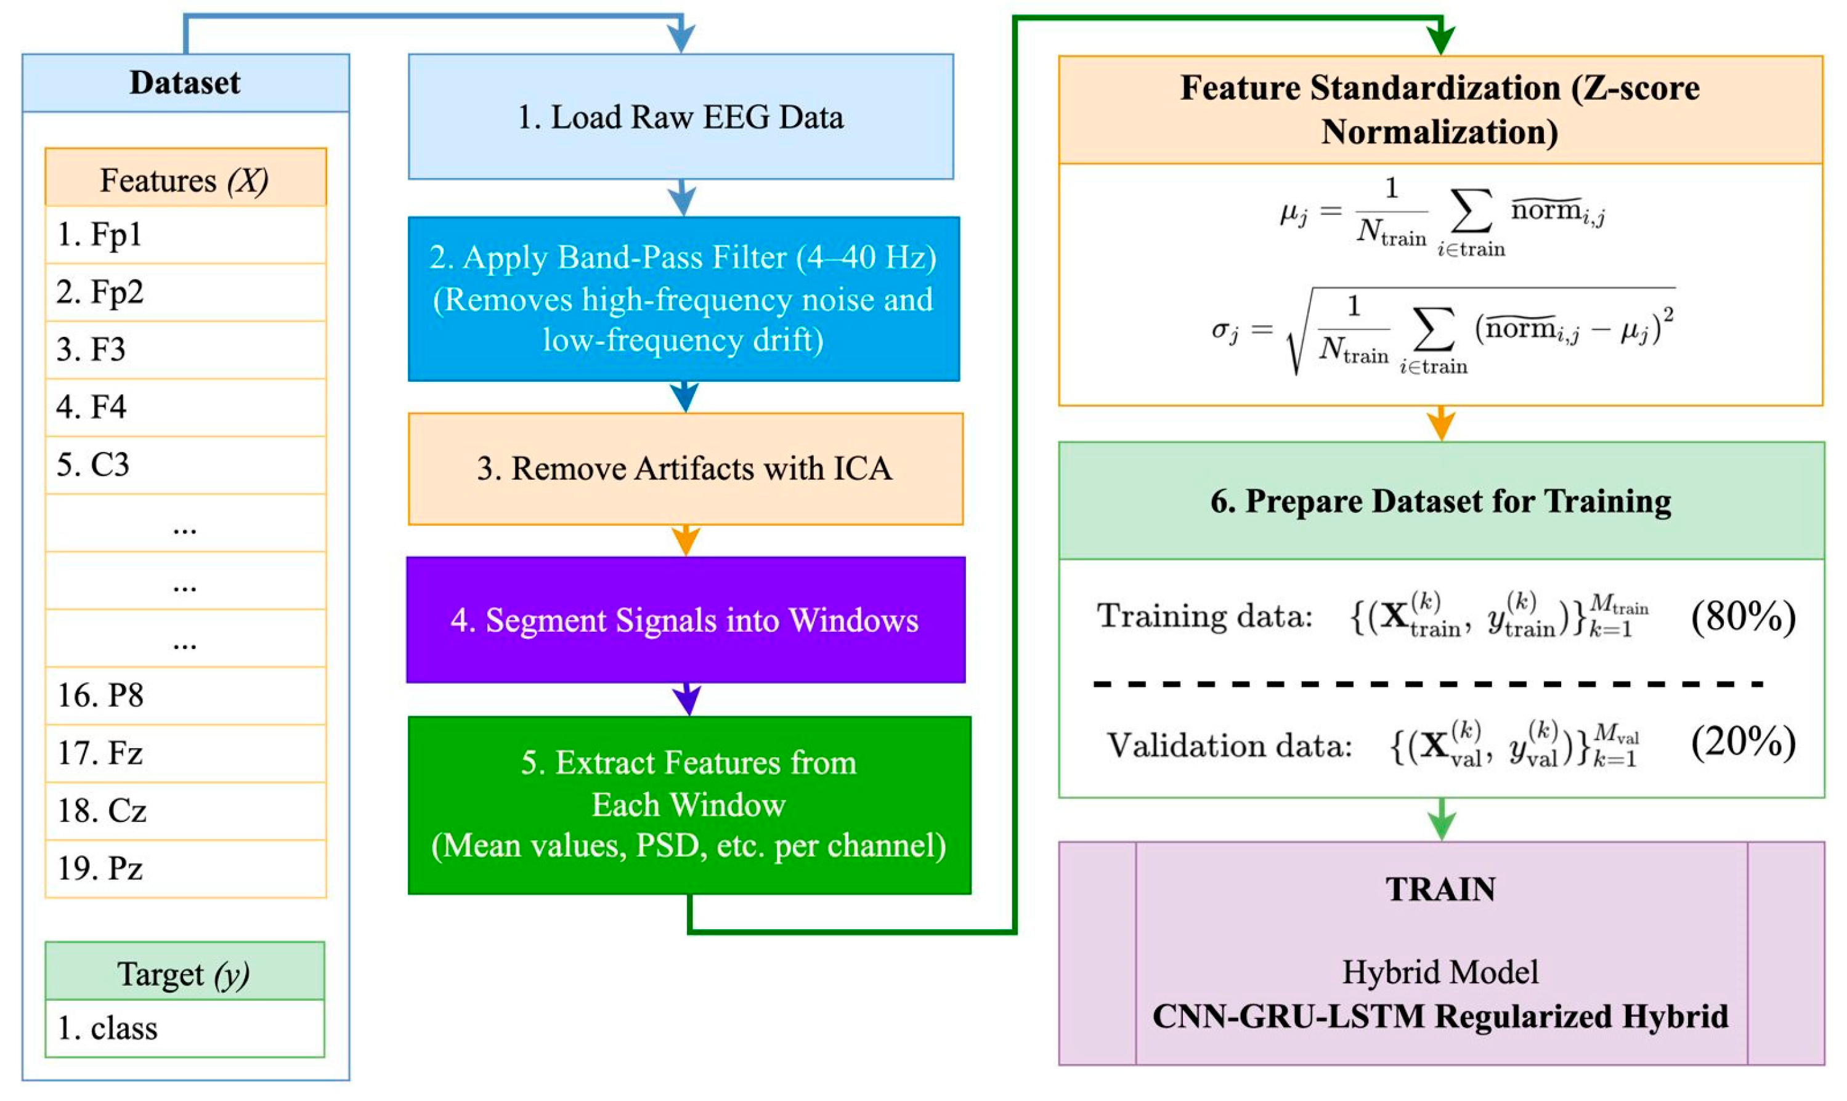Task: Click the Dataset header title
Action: (x=185, y=83)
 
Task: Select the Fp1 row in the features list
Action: (x=185, y=235)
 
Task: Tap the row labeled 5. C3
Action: (x=185, y=464)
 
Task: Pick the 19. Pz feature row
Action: (x=185, y=868)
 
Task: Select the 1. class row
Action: (x=184, y=1028)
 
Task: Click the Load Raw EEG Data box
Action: (x=681, y=116)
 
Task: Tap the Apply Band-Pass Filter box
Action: (x=683, y=298)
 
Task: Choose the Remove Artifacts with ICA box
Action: (x=684, y=468)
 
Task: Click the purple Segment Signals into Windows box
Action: (x=684, y=619)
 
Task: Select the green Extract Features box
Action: (x=688, y=804)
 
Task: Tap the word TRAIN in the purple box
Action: (x=1440, y=889)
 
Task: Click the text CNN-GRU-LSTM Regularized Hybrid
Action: (x=1440, y=1015)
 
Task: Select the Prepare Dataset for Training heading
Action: (x=1440, y=501)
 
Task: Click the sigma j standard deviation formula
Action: (x=1440, y=331)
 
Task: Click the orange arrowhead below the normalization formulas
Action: (x=1440, y=427)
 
